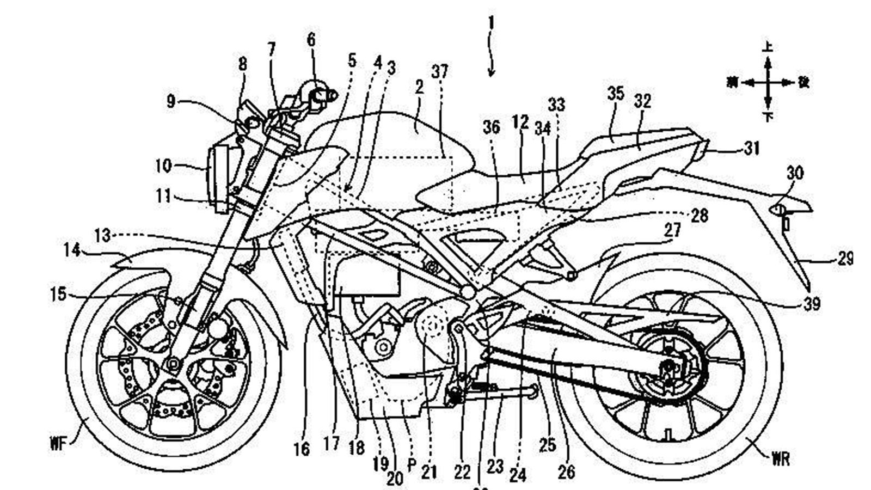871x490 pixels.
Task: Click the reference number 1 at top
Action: pyautogui.click(x=491, y=23)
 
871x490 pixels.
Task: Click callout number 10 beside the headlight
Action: pyautogui.click(x=163, y=166)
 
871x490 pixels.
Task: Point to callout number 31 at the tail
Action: pyautogui.click(x=751, y=148)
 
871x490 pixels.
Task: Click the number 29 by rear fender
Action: pyautogui.click(x=845, y=258)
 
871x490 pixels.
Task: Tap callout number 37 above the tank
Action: pyautogui.click(x=439, y=71)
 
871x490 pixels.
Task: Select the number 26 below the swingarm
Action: pyautogui.click(x=566, y=471)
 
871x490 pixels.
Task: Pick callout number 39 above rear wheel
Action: pyautogui.click(x=811, y=303)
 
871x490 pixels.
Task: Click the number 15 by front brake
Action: pyautogui.click(x=58, y=295)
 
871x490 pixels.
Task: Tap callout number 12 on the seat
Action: pyautogui.click(x=520, y=122)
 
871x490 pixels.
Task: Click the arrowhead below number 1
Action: pyautogui.click(x=492, y=73)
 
